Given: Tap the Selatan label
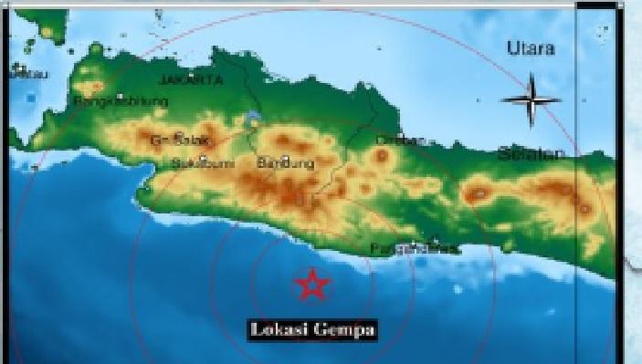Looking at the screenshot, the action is click(x=531, y=155).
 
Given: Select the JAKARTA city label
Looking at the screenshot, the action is click(x=191, y=80).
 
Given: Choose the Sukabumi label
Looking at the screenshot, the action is click(x=203, y=163).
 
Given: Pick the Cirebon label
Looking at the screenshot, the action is click(x=400, y=140).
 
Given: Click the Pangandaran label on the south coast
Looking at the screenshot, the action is click(x=412, y=248).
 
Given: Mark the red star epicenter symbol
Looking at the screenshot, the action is click(x=312, y=286).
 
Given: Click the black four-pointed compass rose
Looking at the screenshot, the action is click(x=531, y=100).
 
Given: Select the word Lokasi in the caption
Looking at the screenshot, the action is click(x=279, y=329).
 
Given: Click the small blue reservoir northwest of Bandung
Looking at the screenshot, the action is click(x=252, y=119).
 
